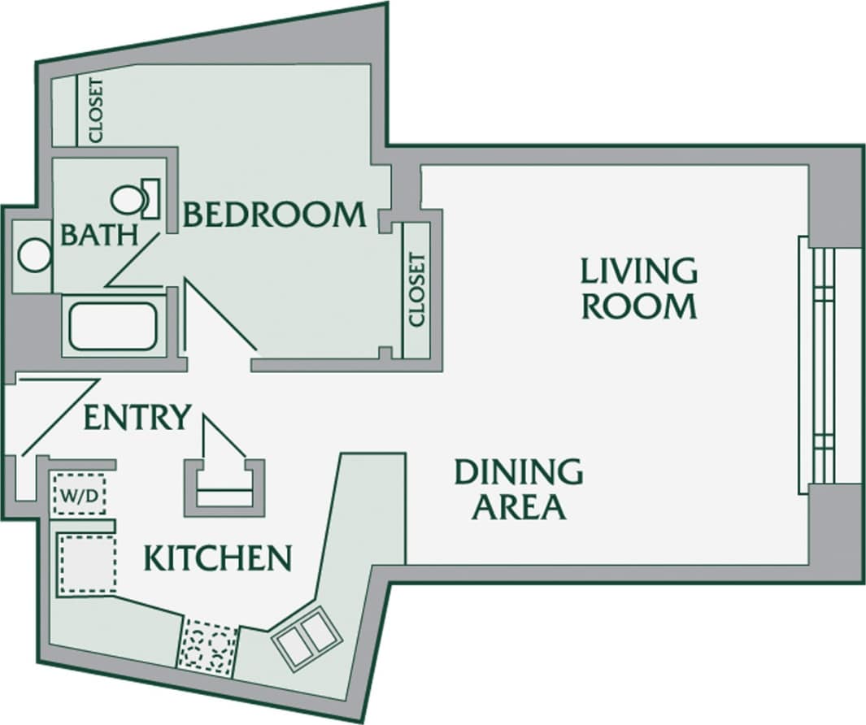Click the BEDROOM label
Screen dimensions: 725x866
[x=273, y=215]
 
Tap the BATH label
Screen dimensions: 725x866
[x=98, y=236]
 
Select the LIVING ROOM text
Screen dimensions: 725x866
[x=639, y=288]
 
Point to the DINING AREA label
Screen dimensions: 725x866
[x=519, y=488]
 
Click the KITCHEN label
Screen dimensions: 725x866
[x=217, y=558]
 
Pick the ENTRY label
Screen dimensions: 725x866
[x=137, y=418]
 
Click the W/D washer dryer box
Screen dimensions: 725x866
[x=79, y=493]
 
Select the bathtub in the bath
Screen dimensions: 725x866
[x=113, y=326]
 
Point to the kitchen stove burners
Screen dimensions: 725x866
[x=207, y=645]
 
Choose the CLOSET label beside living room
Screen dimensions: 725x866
[x=417, y=289]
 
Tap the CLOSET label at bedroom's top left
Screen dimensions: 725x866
[x=96, y=110]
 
